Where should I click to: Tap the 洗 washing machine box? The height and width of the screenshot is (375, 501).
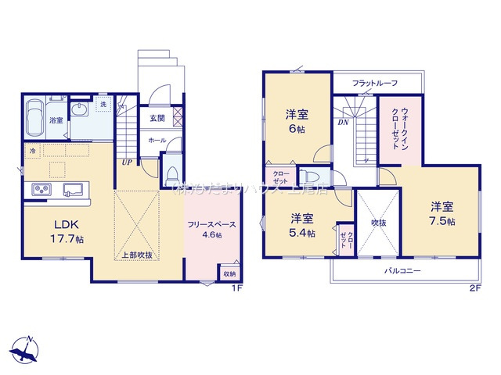pyautogui.click(x=102, y=105)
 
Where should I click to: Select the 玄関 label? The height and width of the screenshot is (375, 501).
pyautogui.click(x=157, y=118)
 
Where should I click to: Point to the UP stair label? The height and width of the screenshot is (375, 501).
pyautogui.click(x=125, y=162)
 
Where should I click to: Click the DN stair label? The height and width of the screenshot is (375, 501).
pyautogui.click(x=343, y=122)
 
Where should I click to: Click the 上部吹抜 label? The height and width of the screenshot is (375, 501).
pyautogui.click(x=137, y=255)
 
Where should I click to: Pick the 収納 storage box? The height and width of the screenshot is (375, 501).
pyautogui.click(x=229, y=273)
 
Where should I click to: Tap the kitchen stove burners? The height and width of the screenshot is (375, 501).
pyautogui.click(x=41, y=189)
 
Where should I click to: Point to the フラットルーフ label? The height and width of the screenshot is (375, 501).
pyautogui.click(x=375, y=83)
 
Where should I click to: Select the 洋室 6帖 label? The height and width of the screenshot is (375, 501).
pyautogui.click(x=297, y=123)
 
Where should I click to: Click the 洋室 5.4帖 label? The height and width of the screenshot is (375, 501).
pyautogui.click(x=302, y=224)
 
